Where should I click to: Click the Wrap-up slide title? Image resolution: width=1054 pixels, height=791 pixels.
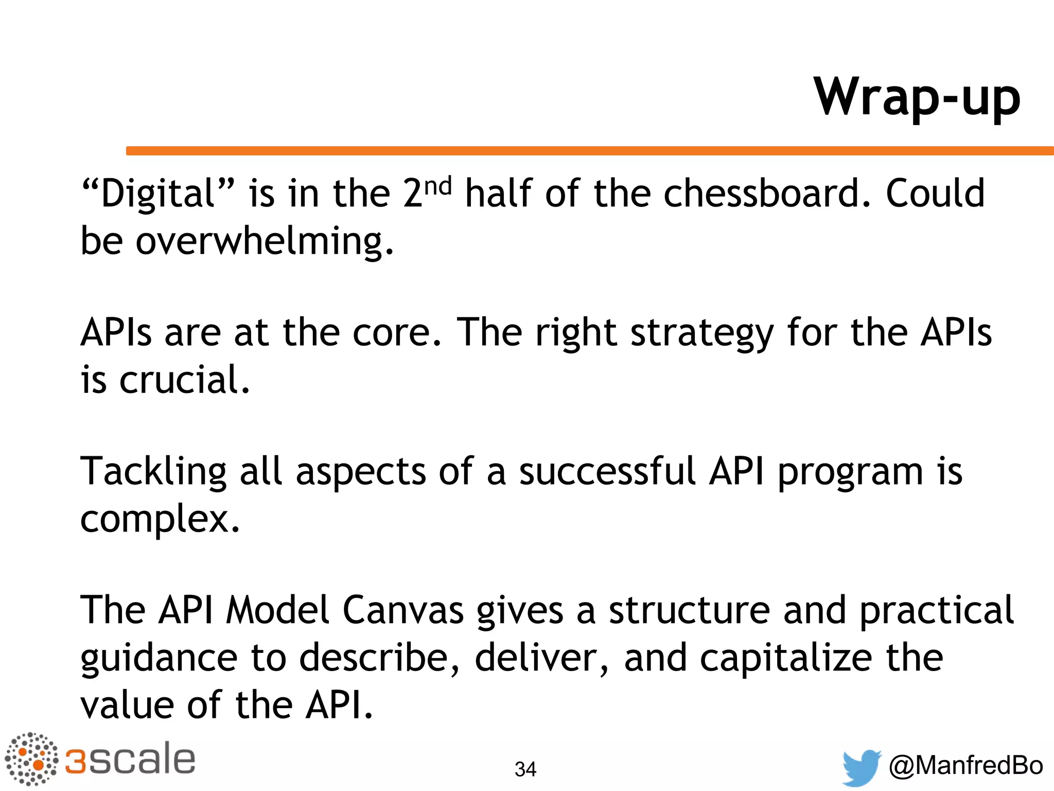coord(917,98)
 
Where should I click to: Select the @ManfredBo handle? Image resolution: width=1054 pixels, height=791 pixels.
coord(965,765)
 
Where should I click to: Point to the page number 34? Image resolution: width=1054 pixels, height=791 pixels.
coord(525,769)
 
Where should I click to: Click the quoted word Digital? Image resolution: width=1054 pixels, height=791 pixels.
coord(158,194)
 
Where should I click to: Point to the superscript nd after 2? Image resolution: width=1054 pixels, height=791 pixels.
coord(438,186)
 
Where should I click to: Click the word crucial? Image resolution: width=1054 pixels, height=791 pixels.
coord(184,380)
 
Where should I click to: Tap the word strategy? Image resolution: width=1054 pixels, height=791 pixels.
coord(702,334)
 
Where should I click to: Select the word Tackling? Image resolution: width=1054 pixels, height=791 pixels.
coord(153,472)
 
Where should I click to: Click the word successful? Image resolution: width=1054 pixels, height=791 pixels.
coord(607,472)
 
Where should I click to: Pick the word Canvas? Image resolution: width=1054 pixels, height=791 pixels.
coord(403,611)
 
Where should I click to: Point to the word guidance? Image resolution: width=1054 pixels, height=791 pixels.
coord(159,659)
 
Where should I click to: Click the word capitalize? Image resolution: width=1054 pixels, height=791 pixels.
coord(786,658)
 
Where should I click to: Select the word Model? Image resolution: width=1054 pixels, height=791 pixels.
coord(277,611)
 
